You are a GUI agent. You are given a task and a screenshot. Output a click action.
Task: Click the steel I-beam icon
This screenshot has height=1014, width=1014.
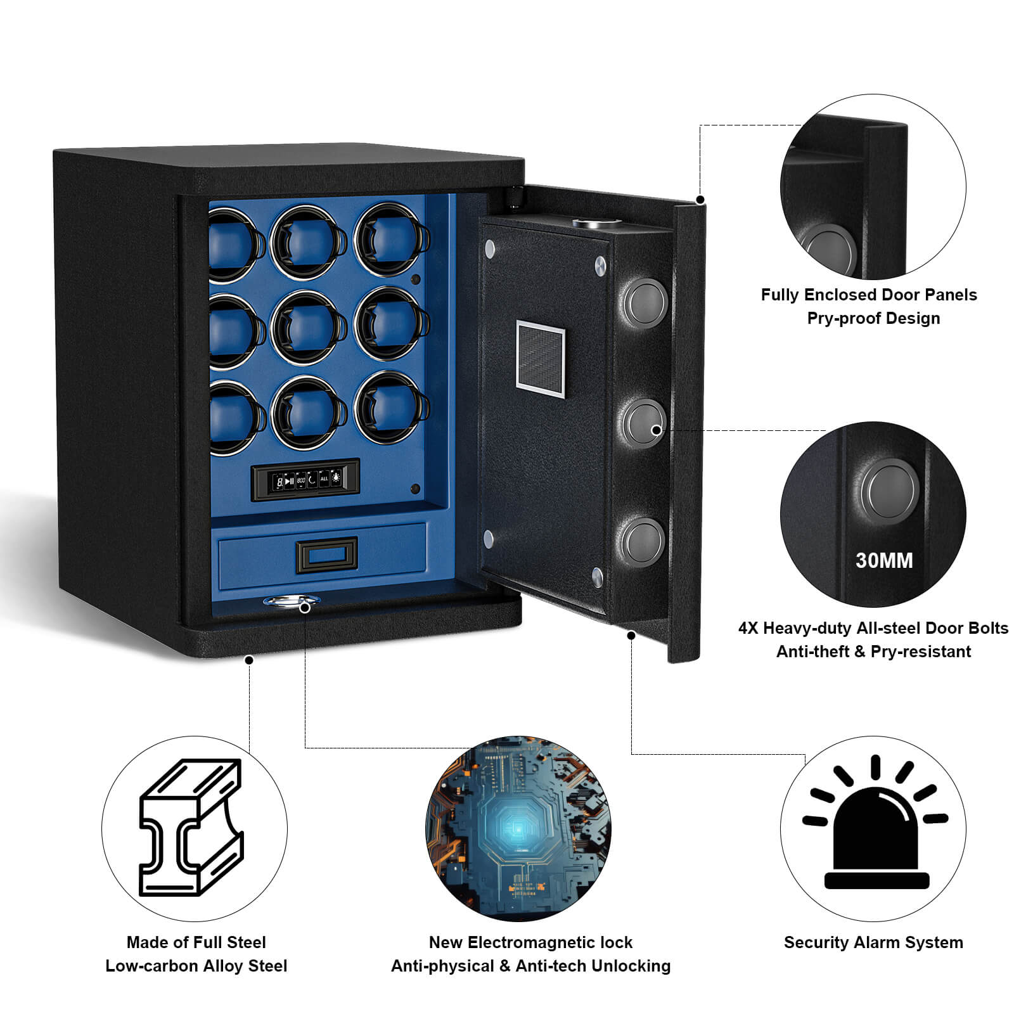click(190, 827)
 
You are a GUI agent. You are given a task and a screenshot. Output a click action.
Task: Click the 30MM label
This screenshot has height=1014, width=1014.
click(884, 560)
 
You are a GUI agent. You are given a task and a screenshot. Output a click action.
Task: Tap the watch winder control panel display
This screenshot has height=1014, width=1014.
click(305, 480)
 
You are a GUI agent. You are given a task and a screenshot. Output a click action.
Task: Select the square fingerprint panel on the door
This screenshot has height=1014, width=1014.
click(540, 359)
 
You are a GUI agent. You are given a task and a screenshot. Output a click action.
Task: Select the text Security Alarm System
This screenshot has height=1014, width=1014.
click(873, 942)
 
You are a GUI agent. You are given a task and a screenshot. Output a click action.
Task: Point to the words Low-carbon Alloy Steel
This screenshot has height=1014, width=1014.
click(196, 966)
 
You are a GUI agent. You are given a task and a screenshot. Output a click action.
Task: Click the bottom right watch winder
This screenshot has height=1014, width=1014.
click(392, 409)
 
